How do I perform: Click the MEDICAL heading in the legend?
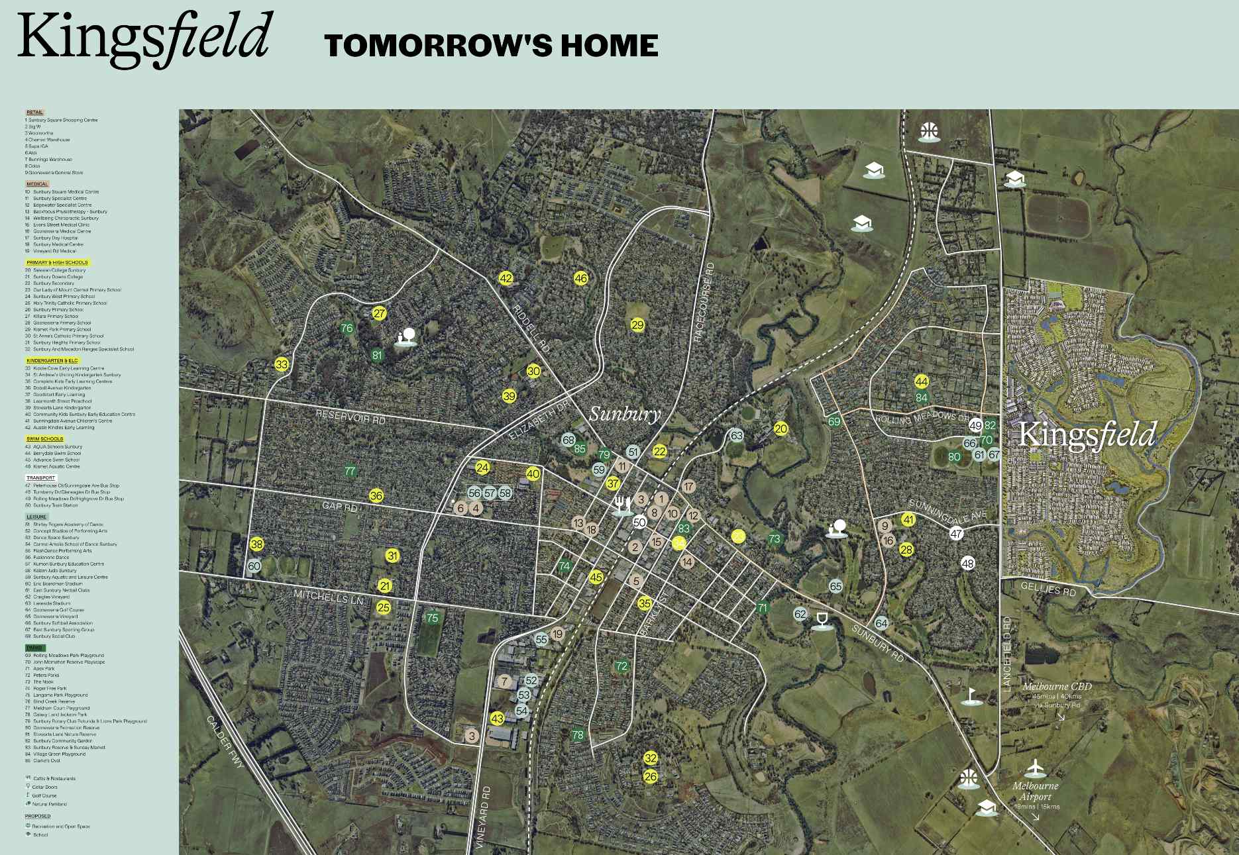[x=37, y=184]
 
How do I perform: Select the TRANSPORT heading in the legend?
[x=40, y=478]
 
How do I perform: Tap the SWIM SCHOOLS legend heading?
[x=44, y=439]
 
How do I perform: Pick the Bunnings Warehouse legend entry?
[x=50, y=160]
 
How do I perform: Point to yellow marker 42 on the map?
[x=506, y=278]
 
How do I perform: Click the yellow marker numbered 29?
[x=637, y=325]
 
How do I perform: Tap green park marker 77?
[x=350, y=471]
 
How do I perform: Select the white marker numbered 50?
[x=639, y=522]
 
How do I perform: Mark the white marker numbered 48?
[x=968, y=563]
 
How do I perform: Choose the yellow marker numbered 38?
[x=257, y=544]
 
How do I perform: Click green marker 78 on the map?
[x=578, y=734]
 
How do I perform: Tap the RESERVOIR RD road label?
[x=350, y=417]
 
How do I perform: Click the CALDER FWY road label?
[x=225, y=742]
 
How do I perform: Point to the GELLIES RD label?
[x=1048, y=588]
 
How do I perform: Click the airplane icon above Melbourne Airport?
[x=1034, y=768]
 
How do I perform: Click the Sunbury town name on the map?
[x=625, y=414]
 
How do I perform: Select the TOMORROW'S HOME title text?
[x=491, y=46]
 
